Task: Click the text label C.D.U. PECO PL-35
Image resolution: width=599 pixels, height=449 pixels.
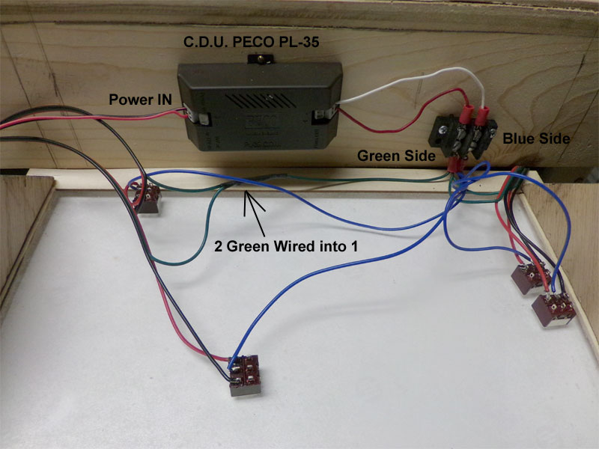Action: click(252, 43)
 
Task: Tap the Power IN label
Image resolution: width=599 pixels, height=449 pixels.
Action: click(142, 98)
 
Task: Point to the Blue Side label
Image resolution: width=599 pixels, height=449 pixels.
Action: click(536, 138)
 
